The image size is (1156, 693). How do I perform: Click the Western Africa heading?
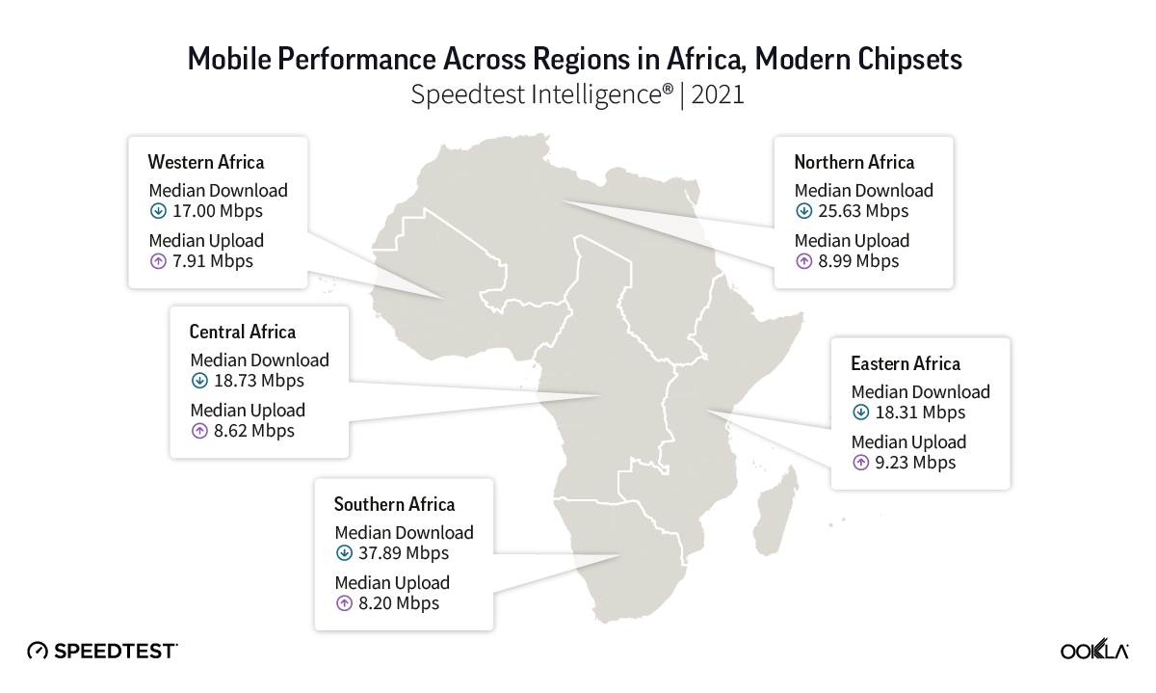click(x=205, y=161)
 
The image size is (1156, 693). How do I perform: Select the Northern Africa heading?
click(x=854, y=161)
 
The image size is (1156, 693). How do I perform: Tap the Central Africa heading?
click(x=242, y=332)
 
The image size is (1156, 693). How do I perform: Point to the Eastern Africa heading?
click(x=905, y=363)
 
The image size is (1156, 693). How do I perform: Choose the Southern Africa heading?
click(x=394, y=504)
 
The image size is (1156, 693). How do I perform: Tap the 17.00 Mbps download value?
click(x=217, y=211)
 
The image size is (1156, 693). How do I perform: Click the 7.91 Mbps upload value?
click(x=211, y=261)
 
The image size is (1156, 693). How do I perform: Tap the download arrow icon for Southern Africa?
click(x=344, y=553)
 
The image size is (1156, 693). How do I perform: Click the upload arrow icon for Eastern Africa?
click(x=860, y=463)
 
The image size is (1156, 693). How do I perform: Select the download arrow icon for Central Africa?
click(x=199, y=381)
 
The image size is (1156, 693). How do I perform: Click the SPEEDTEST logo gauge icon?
click(x=37, y=651)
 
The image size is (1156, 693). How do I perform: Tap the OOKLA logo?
click(x=1094, y=651)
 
